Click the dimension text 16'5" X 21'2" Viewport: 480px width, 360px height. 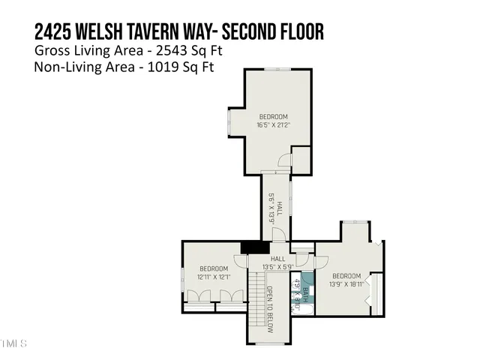274,125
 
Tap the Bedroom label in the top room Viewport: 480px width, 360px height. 274,116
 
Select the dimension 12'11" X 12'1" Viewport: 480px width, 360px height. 214,277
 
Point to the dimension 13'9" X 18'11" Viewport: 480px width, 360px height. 346,284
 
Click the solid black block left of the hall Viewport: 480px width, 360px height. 255,247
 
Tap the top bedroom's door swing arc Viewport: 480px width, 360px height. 283,160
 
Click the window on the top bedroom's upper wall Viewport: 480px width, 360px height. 274,70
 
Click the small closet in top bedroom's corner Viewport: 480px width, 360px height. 301,158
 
